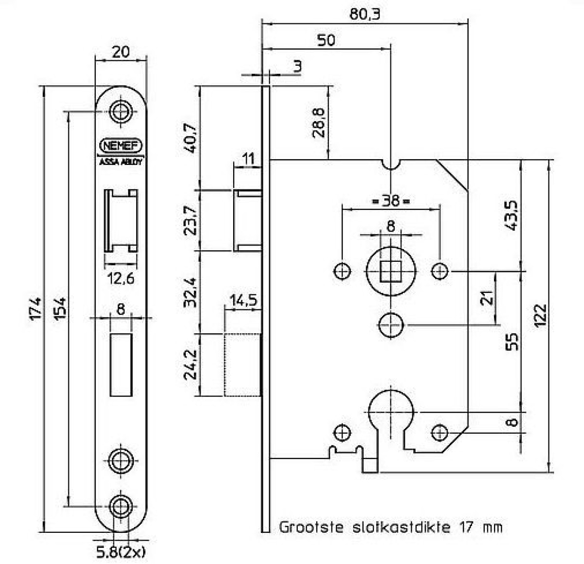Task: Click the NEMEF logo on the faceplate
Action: pyautogui.click(x=120, y=146)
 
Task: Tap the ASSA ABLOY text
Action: pyautogui.click(x=121, y=162)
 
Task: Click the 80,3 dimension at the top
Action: pyautogui.click(x=365, y=14)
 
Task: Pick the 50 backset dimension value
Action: pyautogui.click(x=326, y=40)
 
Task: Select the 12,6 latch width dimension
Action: pyautogui.click(x=120, y=278)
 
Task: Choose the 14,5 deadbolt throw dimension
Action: pyautogui.click(x=243, y=300)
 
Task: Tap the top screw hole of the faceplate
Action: pyautogui.click(x=120, y=111)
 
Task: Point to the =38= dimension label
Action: pyautogui.click(x=390, y=200)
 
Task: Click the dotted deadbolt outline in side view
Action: pyautogui.click(x=242, y=365)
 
